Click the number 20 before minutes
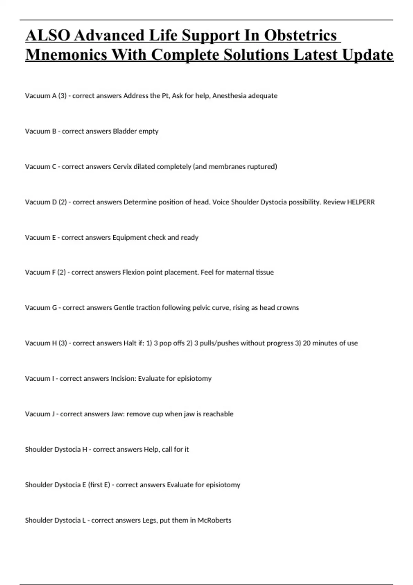[307, 343]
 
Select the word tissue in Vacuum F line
[265, 272]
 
